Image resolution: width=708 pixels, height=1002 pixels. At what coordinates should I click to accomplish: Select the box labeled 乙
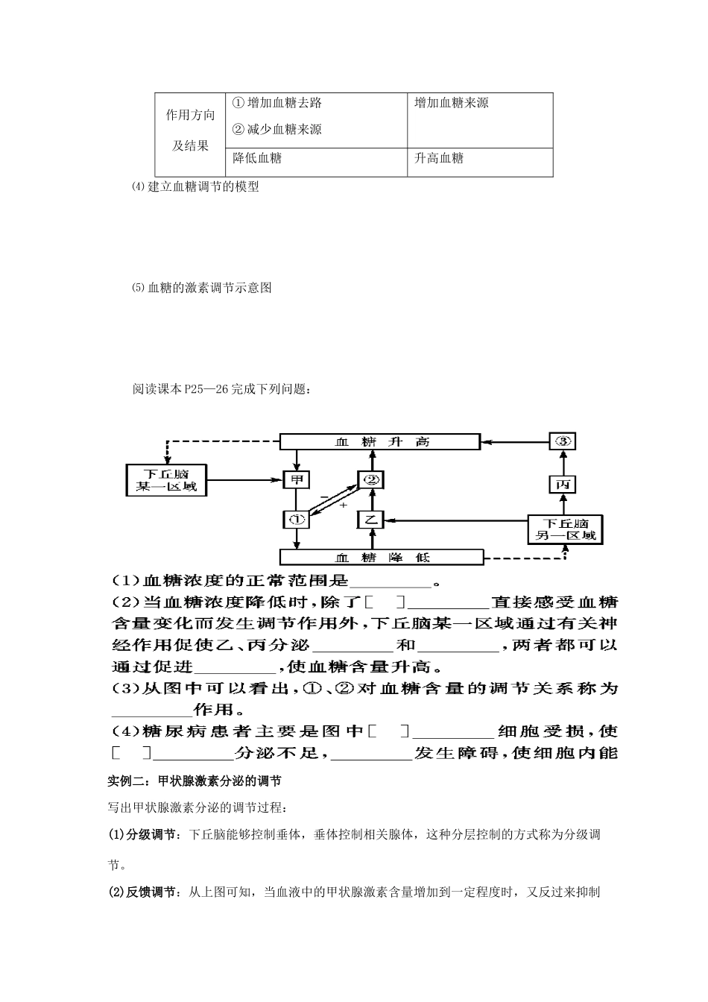tap(371, 519)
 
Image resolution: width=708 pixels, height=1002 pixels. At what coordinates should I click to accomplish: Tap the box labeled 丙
tap(563, 485)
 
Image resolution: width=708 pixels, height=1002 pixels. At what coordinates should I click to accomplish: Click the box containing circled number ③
tap(563, 441)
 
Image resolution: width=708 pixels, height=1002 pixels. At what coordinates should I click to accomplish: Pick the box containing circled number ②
tap(371, 480)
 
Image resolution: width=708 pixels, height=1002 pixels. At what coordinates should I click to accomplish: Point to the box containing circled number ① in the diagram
tap(297, 519)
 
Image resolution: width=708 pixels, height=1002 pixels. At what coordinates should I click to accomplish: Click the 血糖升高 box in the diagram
tap(379, 442)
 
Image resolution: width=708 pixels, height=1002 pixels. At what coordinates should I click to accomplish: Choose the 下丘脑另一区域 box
tap(566, 529)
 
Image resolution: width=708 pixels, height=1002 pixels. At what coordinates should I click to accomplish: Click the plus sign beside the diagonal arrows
tap(344, 505)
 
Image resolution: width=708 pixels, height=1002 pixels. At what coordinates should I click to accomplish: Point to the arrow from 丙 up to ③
tap(563, 462)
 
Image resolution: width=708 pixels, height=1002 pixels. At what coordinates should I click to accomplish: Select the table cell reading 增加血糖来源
tap(480, 119)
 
